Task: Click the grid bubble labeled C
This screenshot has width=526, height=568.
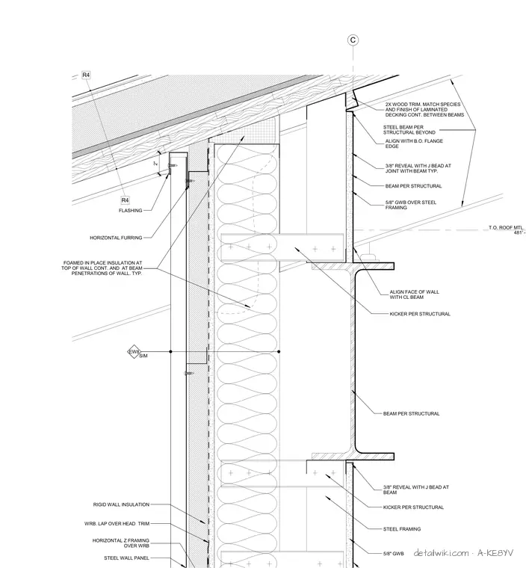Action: [353, 40]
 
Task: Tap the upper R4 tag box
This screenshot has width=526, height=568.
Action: [86, 75]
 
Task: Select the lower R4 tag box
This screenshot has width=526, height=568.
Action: [125, 200]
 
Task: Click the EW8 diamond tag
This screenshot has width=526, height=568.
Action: [134, 352]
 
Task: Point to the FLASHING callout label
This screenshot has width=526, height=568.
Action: [131, 211]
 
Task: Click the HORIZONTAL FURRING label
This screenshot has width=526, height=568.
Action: [116, 238]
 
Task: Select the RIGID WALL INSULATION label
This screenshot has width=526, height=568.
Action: [121, 504]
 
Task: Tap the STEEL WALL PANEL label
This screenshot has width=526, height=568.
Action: [126, 558]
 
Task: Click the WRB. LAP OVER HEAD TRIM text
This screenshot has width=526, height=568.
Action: [117, 523]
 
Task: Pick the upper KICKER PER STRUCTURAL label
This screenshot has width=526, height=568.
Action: [420, 314]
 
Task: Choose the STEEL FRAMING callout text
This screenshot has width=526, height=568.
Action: [402, 529]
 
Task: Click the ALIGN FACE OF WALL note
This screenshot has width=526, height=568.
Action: [414, 294]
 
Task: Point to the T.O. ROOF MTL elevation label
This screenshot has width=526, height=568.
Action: [507, 229]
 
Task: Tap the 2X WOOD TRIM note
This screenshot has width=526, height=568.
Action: [424, 109]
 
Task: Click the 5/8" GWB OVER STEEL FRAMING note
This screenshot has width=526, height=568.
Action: [410, 205]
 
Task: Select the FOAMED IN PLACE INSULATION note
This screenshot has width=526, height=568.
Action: [102, 268]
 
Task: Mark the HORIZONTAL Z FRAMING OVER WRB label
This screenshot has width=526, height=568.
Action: [120, 543]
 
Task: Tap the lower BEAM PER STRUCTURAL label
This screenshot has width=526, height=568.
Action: [411, 413]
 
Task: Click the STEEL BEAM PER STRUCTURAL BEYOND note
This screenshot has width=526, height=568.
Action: [409, 130]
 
